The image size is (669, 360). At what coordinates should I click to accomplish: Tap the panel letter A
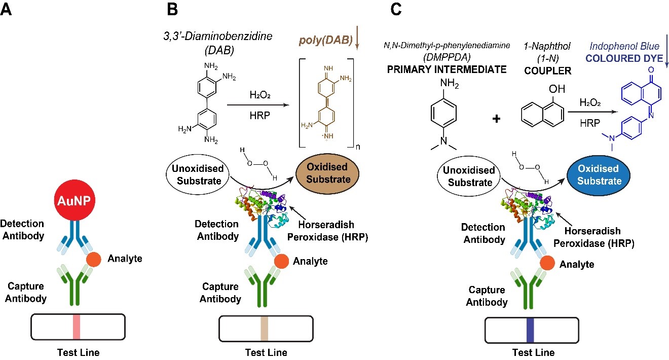pos(7,10)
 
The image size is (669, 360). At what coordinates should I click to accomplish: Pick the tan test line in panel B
pos(264,330)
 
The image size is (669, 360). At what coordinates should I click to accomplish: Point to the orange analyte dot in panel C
pos(547,263)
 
